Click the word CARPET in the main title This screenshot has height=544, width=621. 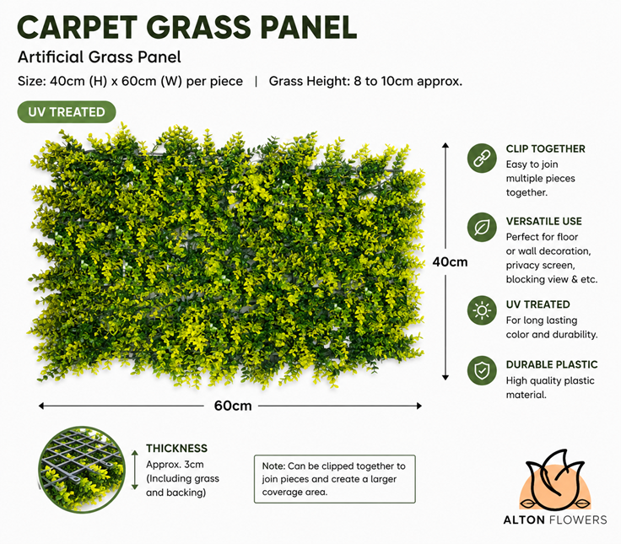[x=78, y=27]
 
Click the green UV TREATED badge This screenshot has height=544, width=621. [x=67, y=112]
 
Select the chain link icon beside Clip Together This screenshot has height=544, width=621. [x=482, y=158]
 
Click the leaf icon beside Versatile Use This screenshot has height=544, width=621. [x=482, y=227]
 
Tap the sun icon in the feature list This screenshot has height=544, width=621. [x=482, y=310]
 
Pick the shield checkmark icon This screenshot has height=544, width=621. [x=482, y=370]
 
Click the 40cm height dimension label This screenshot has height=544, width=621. [x=450, y=261]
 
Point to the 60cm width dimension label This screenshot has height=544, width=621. [x=233, y=406]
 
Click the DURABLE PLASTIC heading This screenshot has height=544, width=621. [x=552, y=364]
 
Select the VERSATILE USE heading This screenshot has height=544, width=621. [x=543, y=221]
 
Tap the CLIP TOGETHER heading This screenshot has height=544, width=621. [x=545, y=149]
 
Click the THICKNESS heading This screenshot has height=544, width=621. [x=176, y=448]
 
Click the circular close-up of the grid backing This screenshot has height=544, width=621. [x=82, y=470]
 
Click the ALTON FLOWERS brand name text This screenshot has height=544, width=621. [x=555, y=520]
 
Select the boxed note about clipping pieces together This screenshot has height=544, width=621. [x=335, y=479]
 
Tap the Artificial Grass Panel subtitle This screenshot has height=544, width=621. [x=99, y=57]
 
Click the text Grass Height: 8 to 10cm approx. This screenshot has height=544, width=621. [x=365, y=81]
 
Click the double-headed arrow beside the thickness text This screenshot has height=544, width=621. [x=135, y=470]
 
